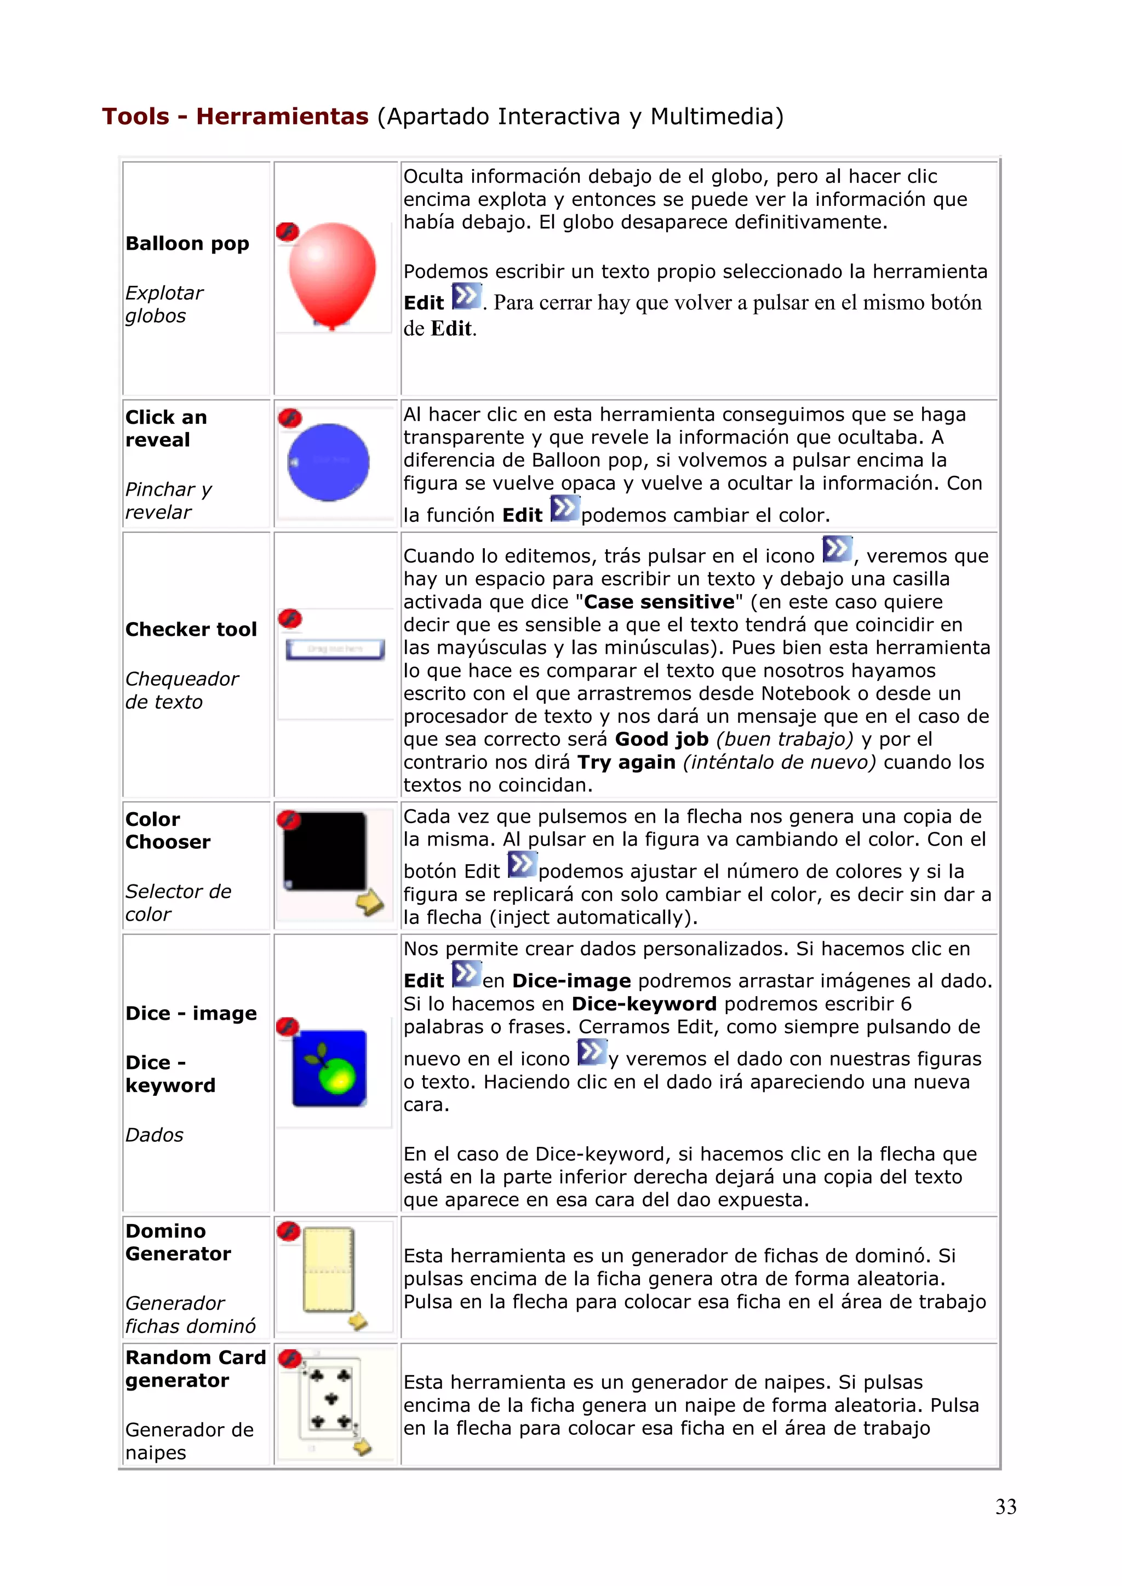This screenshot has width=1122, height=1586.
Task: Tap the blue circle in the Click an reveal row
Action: pyautogui.click(x=328, y=462)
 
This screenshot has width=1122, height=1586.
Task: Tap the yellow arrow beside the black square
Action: pyautogui.click(x=370, y=901)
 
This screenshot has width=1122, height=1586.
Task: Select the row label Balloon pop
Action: pyautogui.click(x=187, y=244)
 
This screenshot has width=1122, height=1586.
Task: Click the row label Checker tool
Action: pyautogui.click(x=191, y=629)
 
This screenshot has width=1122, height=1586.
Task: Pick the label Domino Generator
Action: pyautogui.click(x=178, y=1242)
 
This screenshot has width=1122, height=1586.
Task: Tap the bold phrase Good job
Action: pyautogui.click(x=661, y=739)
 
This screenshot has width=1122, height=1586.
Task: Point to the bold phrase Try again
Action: pyautogui.click(x=626, y=762)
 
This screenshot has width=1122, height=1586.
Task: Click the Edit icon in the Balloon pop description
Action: pyautogui.click(x=466, y=297)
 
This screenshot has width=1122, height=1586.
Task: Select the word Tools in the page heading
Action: pyautogui.click(x=135, y=116)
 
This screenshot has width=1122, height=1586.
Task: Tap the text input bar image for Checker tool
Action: pyautogui.click(x=335, y=650)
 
